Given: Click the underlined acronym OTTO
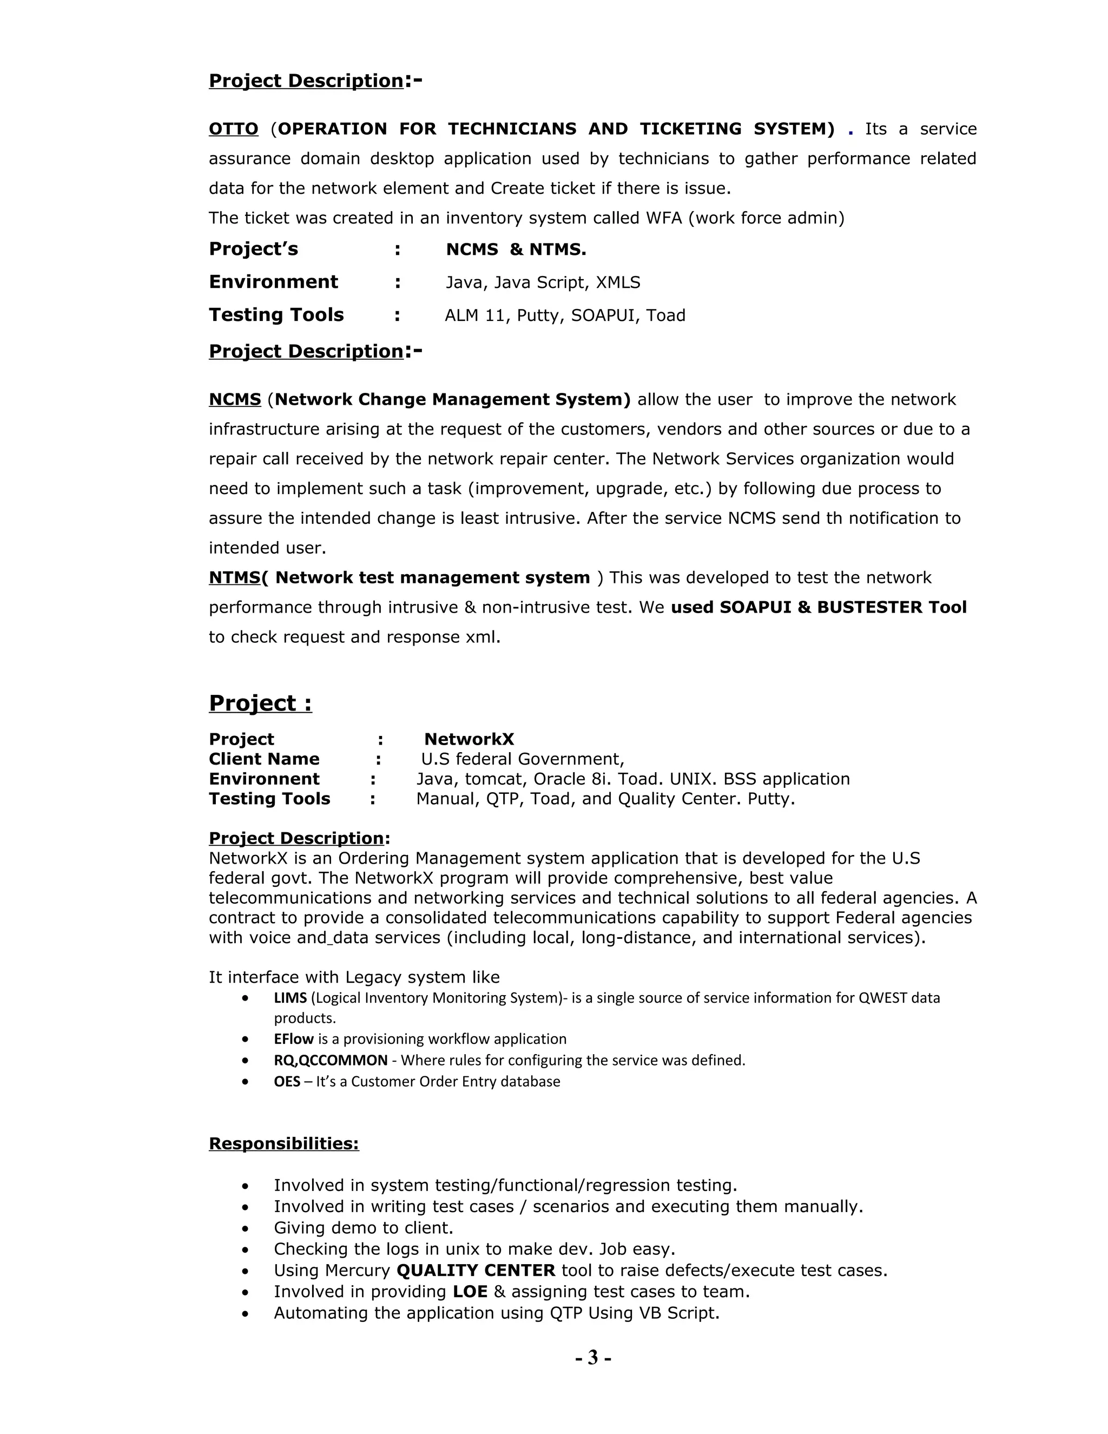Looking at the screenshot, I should click(x=233, y=129).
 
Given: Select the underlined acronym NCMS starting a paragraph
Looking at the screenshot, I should click(x=235, y=399).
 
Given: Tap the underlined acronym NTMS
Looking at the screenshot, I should click(x=234, y=577).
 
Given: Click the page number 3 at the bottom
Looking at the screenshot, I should click(x=593, y=1357).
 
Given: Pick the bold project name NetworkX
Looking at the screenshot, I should click(x=469, y=739).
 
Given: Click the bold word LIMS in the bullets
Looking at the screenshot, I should click(x=290, y=998).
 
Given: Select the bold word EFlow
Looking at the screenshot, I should click(x=293, y=1039).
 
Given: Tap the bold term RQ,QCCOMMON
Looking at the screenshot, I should click(x=330, y=1061).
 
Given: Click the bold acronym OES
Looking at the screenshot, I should click(x=287, y=1081).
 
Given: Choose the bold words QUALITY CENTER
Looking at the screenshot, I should click(x=476, y=1271).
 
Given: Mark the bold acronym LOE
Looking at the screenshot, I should click(x=470, y=1292).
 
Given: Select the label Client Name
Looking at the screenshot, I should click(x=264, y=759).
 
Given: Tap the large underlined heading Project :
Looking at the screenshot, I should click(x=260, y=703).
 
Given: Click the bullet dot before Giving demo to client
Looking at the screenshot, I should click(x=245, y=1228).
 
